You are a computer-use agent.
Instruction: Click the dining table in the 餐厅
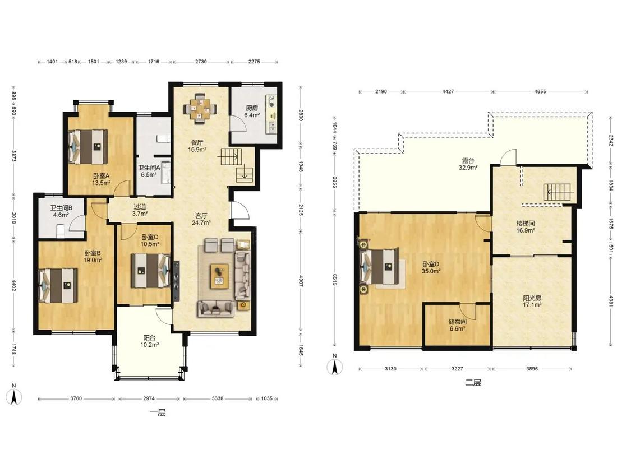click(200, 108)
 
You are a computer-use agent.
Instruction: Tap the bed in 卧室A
click(88, 146)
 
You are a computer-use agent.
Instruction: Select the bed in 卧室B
click(58, 285)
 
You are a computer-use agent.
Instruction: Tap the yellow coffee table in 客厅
click(219, 276)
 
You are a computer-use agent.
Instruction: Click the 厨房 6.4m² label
click(252, 112)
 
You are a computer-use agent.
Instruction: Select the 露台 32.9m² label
click(468, 164)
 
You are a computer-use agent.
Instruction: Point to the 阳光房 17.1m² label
click(532, 302)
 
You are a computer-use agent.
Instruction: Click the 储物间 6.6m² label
click(457, 325)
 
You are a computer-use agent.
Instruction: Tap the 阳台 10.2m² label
click(149, 341)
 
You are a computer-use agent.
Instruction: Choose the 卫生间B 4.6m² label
click(61, 212)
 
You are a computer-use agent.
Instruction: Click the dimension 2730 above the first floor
click(201, 62)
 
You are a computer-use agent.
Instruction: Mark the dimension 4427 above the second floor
click(448, 92)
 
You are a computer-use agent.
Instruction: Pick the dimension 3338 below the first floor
click(217, 398)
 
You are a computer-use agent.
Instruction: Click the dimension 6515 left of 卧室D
click(334, 280)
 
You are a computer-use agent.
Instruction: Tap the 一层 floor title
click(158, 412)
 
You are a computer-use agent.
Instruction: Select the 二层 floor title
click(473, 383)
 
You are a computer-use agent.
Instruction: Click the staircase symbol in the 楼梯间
click(558, 192)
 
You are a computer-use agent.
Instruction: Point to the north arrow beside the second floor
click(334, 365)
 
